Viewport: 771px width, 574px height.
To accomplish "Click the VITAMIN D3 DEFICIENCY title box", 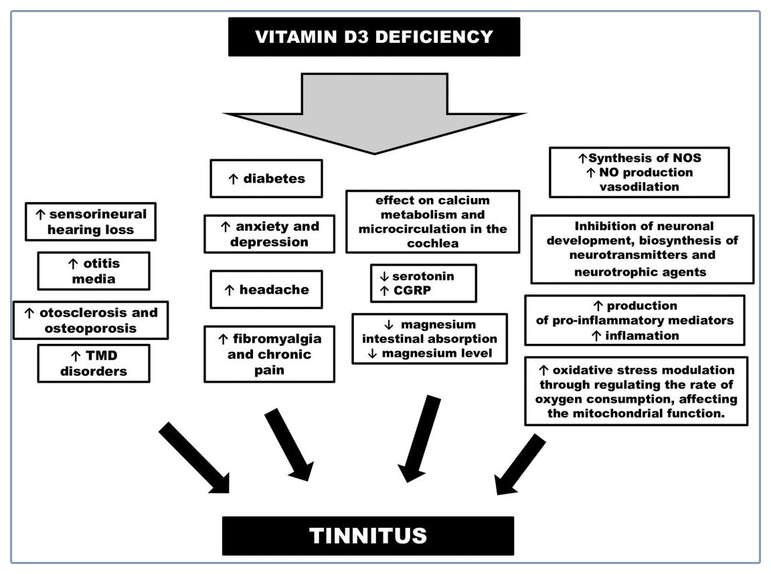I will tap(374, 37).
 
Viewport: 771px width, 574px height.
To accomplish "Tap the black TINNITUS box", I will tap(367, 535).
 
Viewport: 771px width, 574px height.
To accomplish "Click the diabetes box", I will tap(266, 179).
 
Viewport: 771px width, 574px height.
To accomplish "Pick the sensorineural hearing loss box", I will tap(90, 221).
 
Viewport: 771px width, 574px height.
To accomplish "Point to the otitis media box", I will tap(93, 271).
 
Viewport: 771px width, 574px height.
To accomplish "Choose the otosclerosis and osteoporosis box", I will tap(90, 320).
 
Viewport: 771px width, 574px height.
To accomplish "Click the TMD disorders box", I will tap(93, 363).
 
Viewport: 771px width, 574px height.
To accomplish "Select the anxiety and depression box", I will tap(269, 234).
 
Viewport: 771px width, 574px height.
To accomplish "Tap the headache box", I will tap(266, 290).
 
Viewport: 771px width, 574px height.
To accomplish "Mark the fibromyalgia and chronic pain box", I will tap(269, 354).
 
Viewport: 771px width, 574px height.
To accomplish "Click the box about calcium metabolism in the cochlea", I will tap(432, 222).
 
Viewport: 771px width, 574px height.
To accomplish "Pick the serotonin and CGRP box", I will tap(422, 284).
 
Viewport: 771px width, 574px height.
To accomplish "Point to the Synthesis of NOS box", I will tap(638, 173).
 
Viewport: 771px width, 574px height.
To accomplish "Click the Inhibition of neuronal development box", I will tap(642, 249).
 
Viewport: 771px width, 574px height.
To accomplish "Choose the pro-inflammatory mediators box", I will tap(634, 320).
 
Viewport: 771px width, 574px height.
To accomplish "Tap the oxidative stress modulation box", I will tap(635, 391).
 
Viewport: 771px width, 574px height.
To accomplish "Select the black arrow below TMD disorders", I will tap(193, 459).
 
